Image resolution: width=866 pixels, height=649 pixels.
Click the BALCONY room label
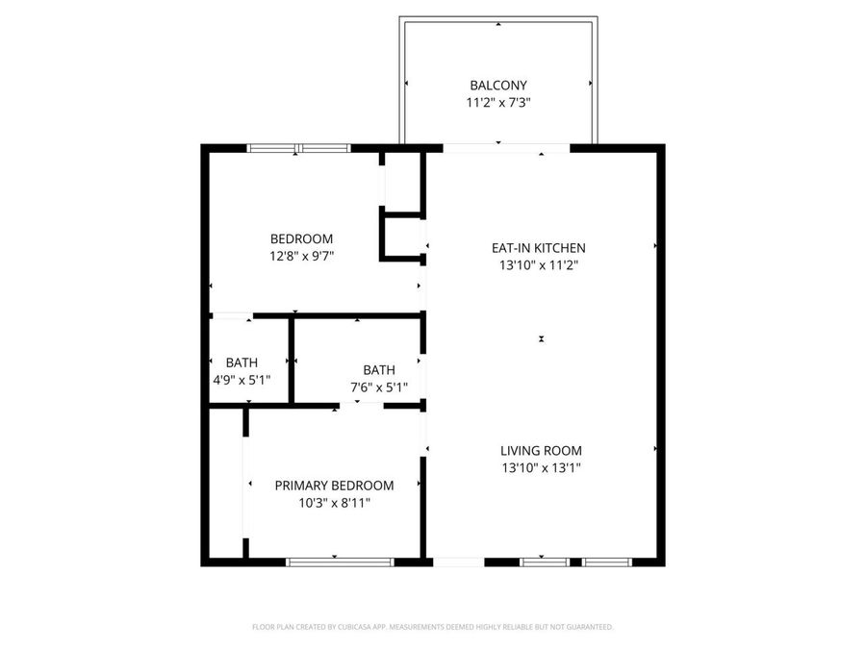497,86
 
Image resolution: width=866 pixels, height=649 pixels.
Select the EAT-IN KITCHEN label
538,248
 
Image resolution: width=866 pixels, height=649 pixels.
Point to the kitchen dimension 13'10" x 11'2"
538,265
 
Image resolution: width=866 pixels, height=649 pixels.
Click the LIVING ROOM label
541,450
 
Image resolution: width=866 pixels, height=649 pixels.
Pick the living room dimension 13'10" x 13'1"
541,468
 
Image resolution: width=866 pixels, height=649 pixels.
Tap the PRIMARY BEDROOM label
334,486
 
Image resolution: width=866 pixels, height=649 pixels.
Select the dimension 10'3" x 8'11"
334,503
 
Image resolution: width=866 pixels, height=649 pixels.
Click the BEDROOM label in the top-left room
301,239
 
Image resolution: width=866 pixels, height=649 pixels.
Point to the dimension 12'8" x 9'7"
301,256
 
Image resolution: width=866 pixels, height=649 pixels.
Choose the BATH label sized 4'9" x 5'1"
242,362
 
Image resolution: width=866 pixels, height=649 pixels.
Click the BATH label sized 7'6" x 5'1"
378,370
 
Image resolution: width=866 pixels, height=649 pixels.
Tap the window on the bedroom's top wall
298,148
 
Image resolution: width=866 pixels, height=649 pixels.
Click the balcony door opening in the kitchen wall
506,148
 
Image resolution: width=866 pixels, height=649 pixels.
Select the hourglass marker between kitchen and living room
542,338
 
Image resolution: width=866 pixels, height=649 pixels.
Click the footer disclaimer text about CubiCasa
432,627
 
